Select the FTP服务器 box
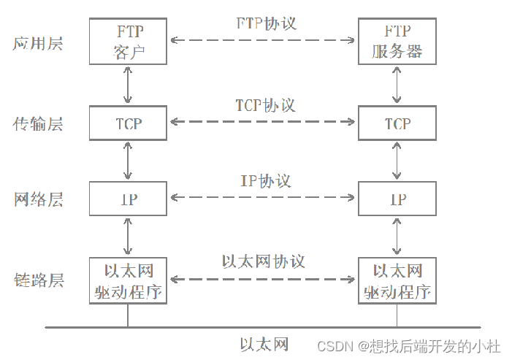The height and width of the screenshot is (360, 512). pos(397,42)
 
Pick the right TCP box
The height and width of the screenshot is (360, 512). pos(397,123)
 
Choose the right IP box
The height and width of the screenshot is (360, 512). pos(397,199)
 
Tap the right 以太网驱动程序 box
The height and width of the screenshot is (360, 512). pos(397,280)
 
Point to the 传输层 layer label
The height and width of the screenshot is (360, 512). pos(38,124)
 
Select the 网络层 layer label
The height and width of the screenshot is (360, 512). pos(38,199)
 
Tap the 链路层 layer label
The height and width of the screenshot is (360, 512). pos(38,280)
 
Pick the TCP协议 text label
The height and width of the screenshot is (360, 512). pos(265,105)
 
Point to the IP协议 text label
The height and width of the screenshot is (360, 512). pos(265,180)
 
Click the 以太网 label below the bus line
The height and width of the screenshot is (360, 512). pos(264,343)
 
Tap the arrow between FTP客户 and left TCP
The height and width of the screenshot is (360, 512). pos(129,85)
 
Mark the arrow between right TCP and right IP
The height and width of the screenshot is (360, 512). pos(397,161)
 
